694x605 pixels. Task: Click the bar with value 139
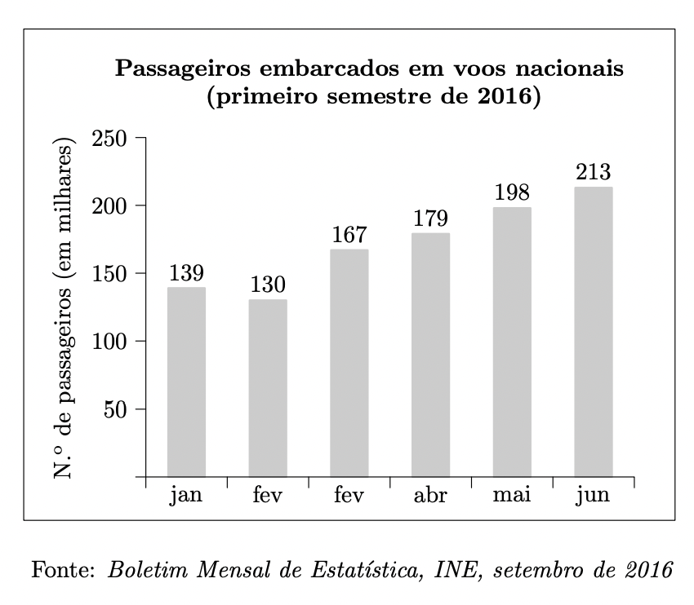(186, 382)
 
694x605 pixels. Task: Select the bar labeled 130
(268, 387)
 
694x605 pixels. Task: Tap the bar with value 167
(349, 363)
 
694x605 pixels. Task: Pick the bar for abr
(430, 355)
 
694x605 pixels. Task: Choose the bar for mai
(512, 342)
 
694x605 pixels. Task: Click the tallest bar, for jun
(594, 332)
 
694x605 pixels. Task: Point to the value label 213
(594, 173)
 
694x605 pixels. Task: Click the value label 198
(512, 193)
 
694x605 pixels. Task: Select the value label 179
(430, 219)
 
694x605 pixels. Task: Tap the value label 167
(349, 236)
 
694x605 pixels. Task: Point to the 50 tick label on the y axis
(114, 409)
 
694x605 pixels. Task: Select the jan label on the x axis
(186, 496)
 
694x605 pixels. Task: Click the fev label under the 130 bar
(268, 496)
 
